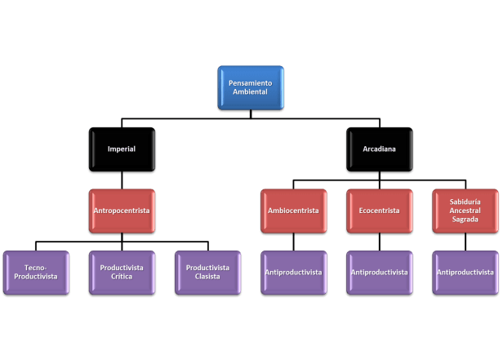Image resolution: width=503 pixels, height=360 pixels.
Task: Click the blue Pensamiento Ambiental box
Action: [x=251, y=87]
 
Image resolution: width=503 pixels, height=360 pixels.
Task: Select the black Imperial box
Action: [x=122, y=149]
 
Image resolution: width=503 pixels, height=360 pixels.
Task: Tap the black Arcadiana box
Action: [x=378, y=149]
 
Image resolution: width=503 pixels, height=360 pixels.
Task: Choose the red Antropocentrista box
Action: [x=122, y=211]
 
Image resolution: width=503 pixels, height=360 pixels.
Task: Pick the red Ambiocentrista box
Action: [x=292, y=211]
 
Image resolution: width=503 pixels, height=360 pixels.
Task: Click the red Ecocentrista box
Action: [x=378, y=211]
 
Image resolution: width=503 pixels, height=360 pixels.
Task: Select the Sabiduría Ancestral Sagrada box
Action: [x=464, y=211]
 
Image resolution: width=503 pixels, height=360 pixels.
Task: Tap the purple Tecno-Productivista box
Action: [x=36, y=272]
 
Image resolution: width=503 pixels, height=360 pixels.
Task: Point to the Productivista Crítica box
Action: [x=122, y=272]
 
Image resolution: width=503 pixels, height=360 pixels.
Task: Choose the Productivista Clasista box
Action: [x=207, y=272]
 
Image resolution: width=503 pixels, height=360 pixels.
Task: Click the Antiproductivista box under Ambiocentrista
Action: [x=292, y=272]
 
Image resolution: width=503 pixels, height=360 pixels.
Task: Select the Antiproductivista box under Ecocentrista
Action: [x=378, y=272]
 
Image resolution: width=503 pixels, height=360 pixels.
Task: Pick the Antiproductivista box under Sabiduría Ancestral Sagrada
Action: [x=464, y=272]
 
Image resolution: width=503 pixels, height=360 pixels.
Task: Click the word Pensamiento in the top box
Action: [x=251, y=83]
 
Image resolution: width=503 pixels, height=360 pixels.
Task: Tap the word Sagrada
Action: [x=464, y=220]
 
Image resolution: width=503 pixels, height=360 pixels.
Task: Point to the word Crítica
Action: [x=122, y=277]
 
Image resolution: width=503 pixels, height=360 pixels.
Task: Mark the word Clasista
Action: [x=207, y=277]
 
